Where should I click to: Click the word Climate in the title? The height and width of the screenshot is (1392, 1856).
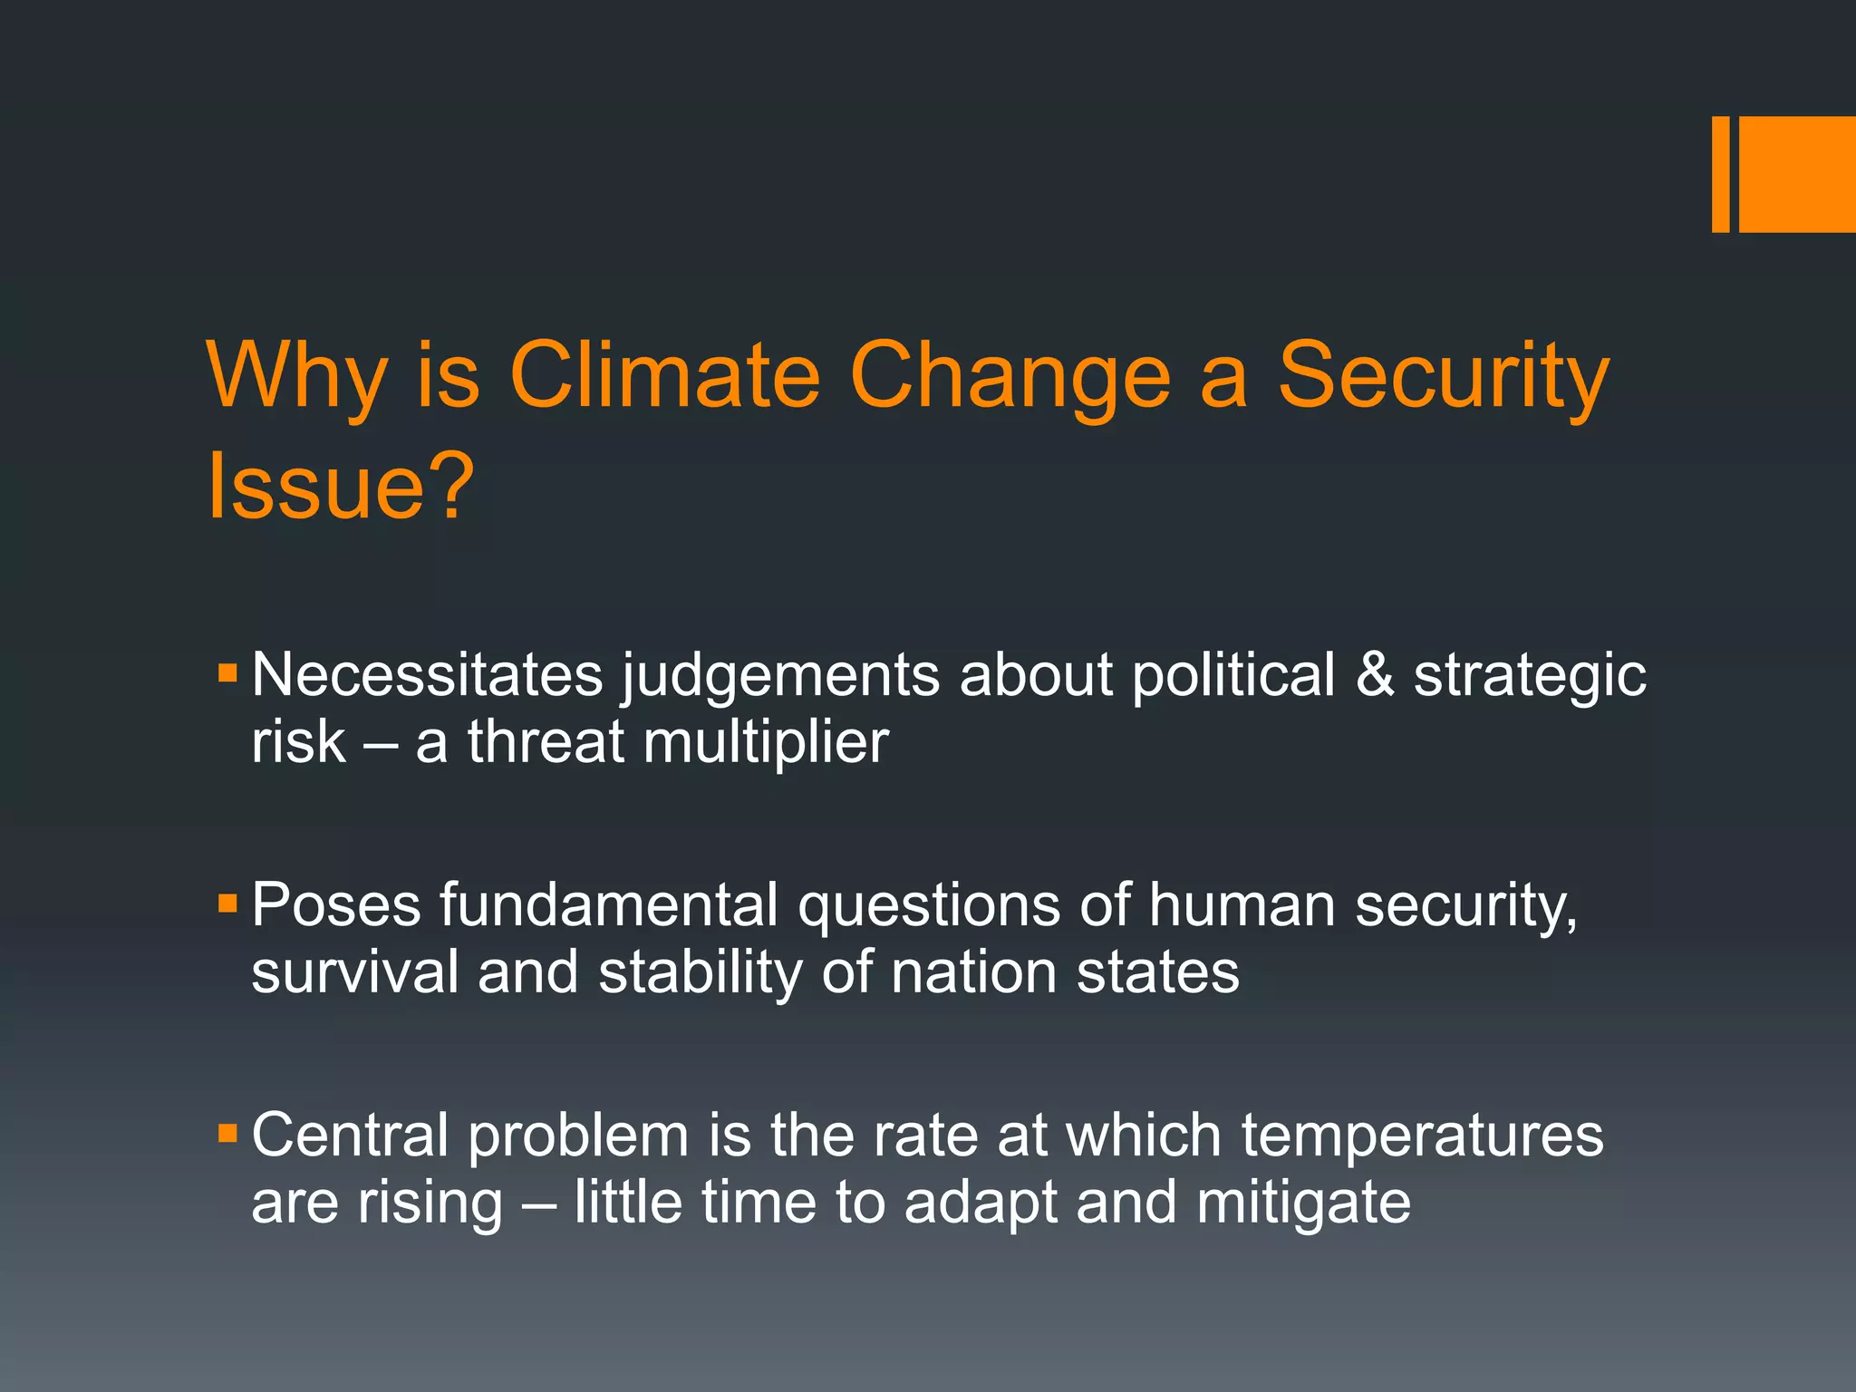(x=664, y=375)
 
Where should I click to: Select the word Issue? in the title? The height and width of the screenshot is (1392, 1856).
(x=341, y=486)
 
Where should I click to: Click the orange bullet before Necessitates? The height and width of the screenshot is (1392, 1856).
(x=227, y=673)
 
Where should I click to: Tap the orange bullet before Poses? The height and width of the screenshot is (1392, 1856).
(x=227, y=904)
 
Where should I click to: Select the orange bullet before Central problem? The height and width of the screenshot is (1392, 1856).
(x=227, y=1133)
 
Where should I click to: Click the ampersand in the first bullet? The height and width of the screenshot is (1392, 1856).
(x=1375, y=675)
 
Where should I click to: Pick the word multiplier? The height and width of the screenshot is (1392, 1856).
(x=766, y=743)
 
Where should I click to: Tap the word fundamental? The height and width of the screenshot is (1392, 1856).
(x=609, y=904)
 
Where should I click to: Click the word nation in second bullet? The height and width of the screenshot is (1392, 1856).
(x=973, y=971)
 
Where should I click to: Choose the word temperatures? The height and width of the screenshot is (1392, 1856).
(x=1422, y=1136)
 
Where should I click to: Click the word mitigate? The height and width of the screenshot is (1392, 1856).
(x=1303, y=1203)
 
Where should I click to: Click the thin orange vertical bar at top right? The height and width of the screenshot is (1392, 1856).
(x=1720, y=174)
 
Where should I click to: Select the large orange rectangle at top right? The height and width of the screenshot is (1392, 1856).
(x=1797, y=174)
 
